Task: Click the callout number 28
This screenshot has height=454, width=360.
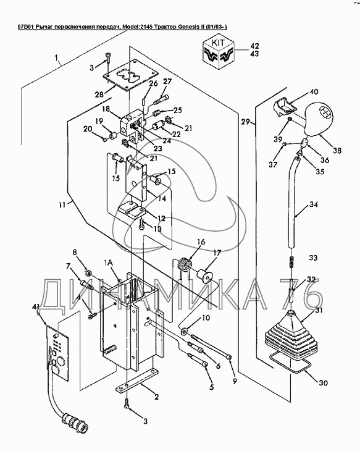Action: (100, 95)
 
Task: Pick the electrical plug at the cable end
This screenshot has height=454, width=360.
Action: (72, 422)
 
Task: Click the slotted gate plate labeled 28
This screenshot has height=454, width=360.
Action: (130, 75)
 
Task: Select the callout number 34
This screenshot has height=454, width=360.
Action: (313, 204)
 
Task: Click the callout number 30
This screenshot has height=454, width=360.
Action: (323, 382)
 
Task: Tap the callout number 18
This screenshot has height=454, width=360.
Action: (106, 109)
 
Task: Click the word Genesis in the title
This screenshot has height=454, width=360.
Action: (188, 27)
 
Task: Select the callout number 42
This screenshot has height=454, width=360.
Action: (254, 46)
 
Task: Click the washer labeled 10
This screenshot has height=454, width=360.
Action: (183, 331)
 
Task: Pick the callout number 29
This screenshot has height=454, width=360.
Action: (246, 122)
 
